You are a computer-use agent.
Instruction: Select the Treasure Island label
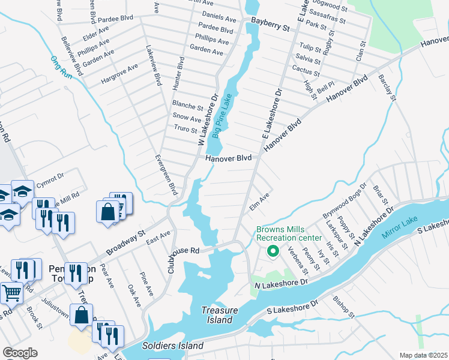click(x=220, y=315)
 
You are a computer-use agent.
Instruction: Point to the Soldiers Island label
click(x=173, y=346)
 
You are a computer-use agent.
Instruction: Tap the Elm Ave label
click(x=259, y=202)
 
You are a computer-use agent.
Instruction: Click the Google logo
click(x=20, y=352)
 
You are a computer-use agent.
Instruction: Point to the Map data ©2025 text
click(x=423, y=355)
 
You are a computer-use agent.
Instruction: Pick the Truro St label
click(x=185, y=130)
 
